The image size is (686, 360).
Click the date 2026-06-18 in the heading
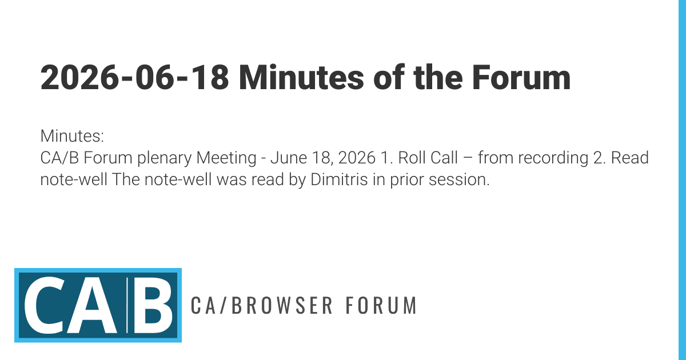point(134,78)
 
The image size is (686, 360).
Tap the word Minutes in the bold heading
point(301,77)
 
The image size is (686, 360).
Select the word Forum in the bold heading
point(521,78)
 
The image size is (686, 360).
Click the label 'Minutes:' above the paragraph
point(72,136)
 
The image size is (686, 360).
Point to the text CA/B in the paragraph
point(59,158)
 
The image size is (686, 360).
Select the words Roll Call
point(428,158)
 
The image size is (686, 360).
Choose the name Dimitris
point(339,179)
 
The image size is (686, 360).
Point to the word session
point(459,180)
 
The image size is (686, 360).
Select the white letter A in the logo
point(92,306)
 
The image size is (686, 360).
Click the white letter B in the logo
point(153,306)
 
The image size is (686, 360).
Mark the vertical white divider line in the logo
point(127,305)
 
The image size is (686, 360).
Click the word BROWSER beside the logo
point(282,305)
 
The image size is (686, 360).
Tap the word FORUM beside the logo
point(381,305)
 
